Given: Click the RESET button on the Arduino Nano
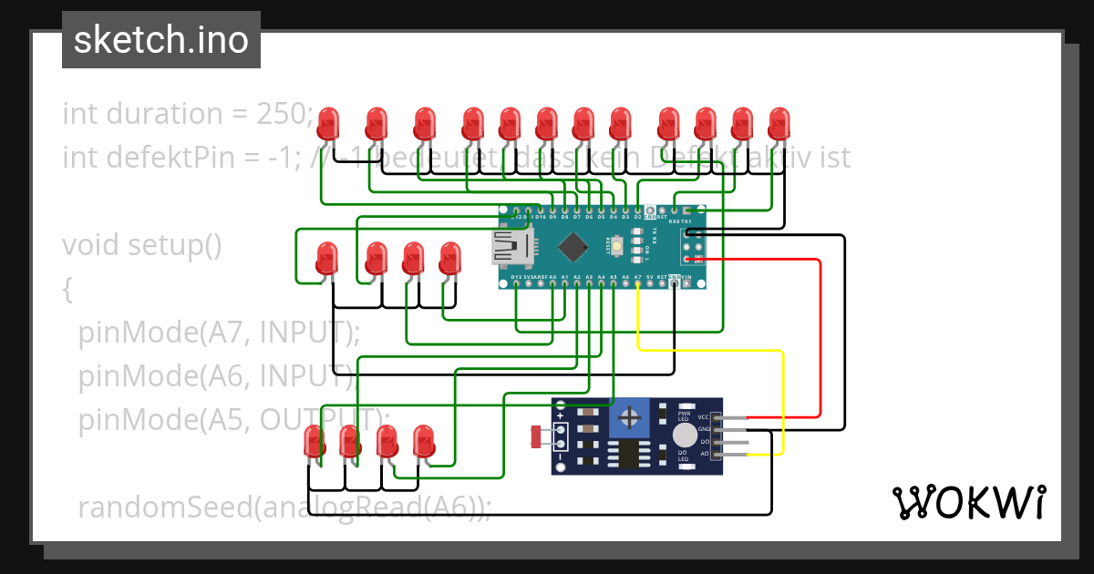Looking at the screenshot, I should click(x=617, y=245).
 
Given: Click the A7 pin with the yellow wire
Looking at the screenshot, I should click(x=637, y=284).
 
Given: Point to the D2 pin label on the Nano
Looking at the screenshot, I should click(x=637, y=218).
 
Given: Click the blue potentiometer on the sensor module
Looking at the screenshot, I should click(x=628, y=418).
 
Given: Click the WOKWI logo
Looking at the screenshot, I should click(x=968, y=502).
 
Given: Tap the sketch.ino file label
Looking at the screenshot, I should click(x=161, y=40).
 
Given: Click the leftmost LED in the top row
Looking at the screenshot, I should click(x=330, y=123).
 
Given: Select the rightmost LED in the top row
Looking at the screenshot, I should click(x=779, y=123).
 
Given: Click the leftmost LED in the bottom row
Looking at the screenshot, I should click(x=315, y=443).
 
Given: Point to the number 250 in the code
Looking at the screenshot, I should click(x=281, y=114).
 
